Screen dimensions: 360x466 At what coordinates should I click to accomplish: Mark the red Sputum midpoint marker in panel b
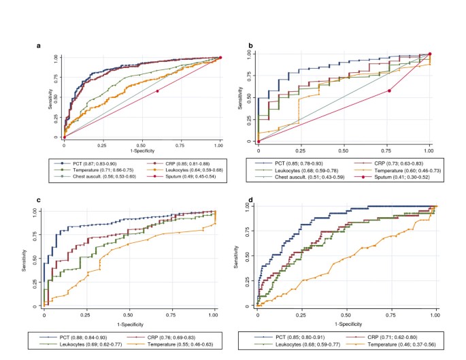coord(389,91)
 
